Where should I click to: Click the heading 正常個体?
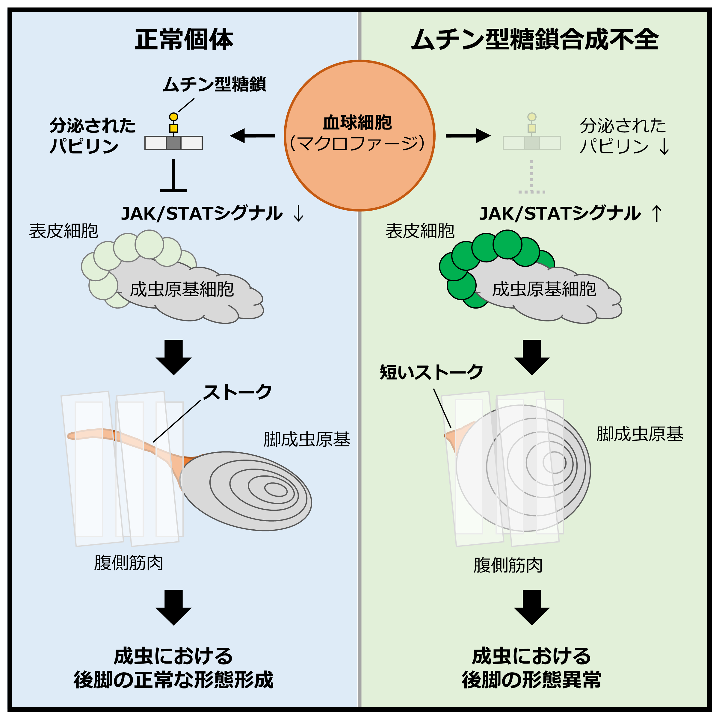(x=184, y=40)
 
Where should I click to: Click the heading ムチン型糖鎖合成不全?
(x=535, y=40)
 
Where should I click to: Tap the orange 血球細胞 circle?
(x=359, y=135)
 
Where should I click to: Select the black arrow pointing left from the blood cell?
(x=252, y=135)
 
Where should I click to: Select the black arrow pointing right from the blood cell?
(x=468, y=135)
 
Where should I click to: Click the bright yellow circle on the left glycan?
(x=173, y=117)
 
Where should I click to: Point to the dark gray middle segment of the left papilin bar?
(x=173, y=143)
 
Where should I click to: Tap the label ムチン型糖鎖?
(x=215, y=84)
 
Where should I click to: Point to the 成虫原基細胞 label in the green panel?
(x=544, y=289)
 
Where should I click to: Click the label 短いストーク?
(x=431, y=372)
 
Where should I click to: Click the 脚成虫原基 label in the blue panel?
(x=307, y=439)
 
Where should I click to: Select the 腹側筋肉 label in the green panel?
(x=508, y=565)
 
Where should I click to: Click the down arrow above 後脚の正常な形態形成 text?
(x=173, y=607)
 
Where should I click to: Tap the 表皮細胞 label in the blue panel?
(x=64, y=231)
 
